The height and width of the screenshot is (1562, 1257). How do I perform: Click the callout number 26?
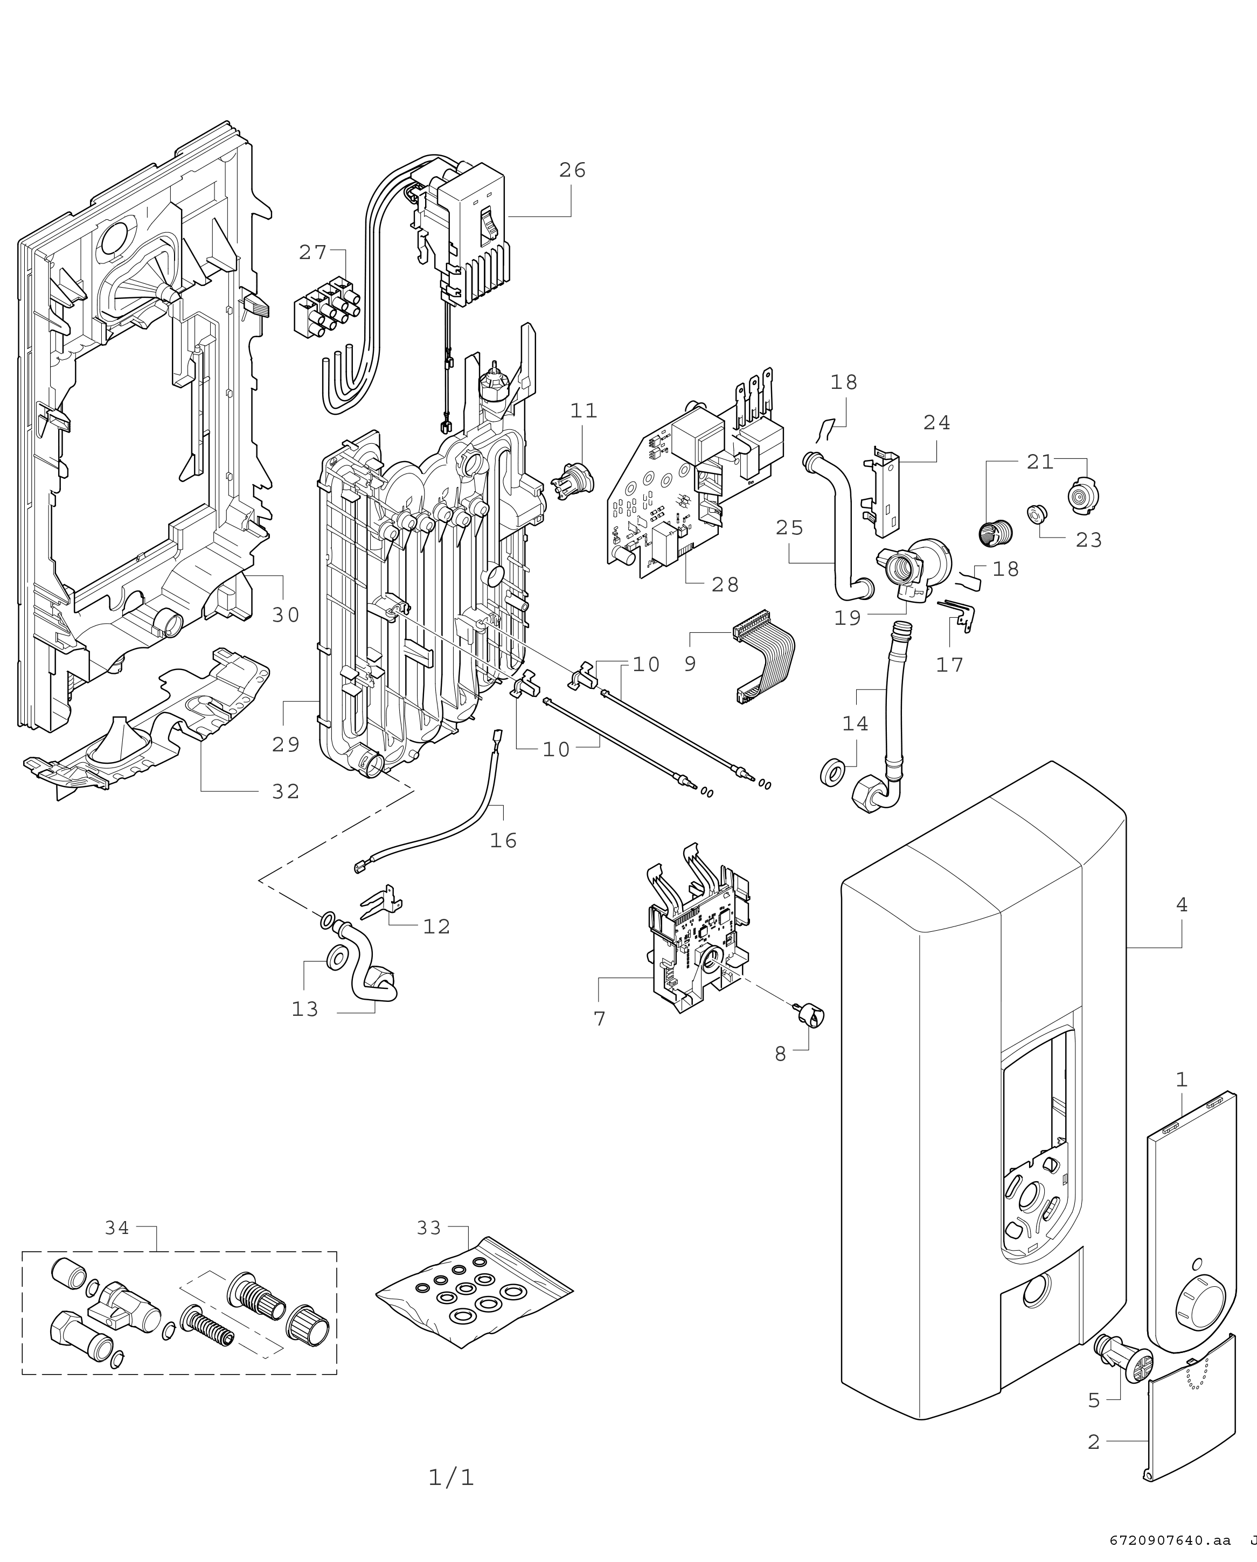click(572, 170)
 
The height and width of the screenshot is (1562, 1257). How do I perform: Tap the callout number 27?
click(313, 253)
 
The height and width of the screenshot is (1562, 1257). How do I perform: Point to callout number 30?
click(286, 615)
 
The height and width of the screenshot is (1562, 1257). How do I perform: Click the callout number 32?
click(286, 792)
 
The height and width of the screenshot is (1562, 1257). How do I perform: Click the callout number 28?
click(725, 584)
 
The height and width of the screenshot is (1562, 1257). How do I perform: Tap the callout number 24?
click(936, 422)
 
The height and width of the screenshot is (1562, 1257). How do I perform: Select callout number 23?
click(1088, 540)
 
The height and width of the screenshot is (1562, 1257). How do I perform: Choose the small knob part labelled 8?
click(810, 1017)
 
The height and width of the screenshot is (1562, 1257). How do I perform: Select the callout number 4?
click(1182, 905)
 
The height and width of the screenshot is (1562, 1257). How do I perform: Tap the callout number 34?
click(117, 1228)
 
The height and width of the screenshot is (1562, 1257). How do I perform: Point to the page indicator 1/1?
click(451, 1477)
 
